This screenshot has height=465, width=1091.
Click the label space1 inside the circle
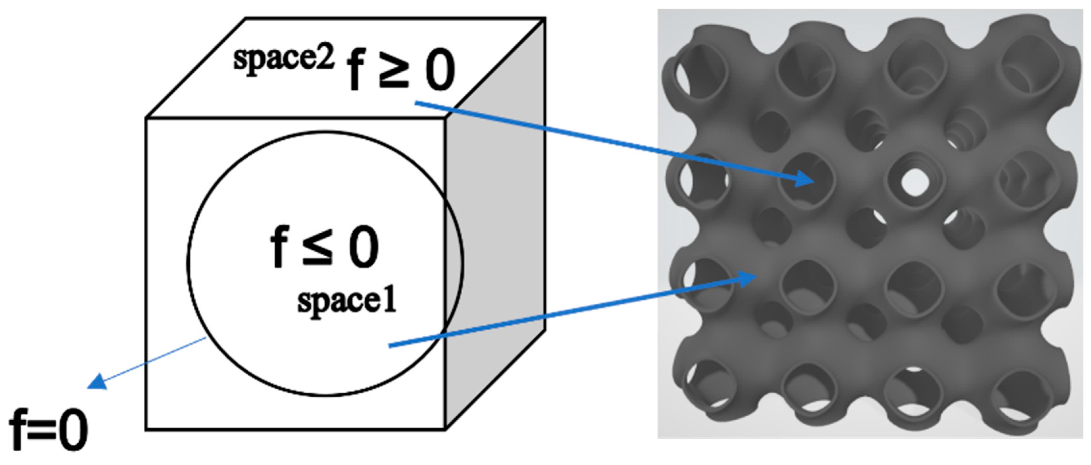tap(346, 301)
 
